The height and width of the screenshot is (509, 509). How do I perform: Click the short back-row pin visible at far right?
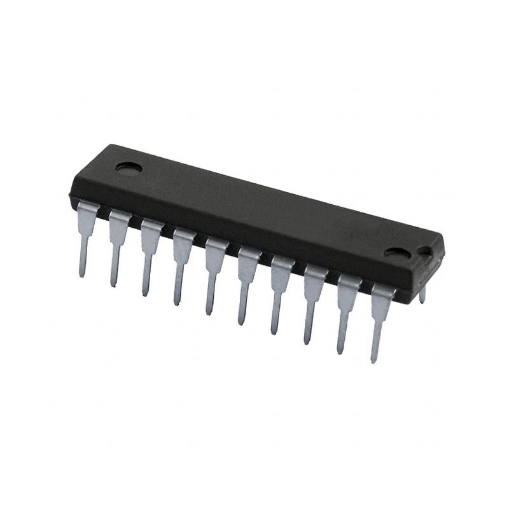(x=422, y=295)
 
